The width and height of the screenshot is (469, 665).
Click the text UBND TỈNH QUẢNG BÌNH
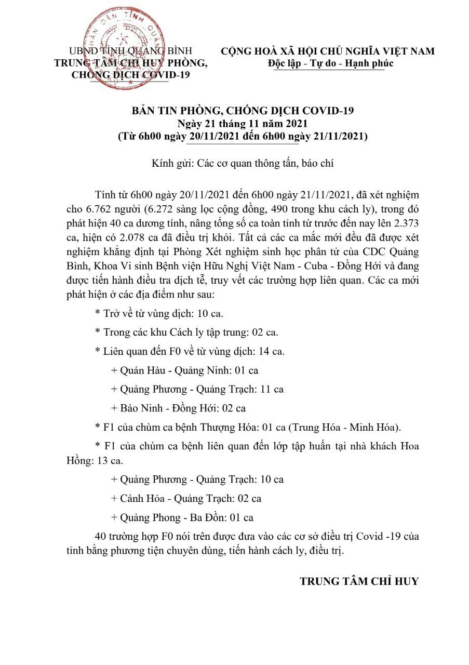131,51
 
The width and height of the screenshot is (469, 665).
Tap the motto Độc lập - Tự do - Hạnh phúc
331,63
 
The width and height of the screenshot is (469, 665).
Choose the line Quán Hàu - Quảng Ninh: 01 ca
184,370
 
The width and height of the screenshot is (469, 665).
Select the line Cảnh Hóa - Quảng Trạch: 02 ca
186,498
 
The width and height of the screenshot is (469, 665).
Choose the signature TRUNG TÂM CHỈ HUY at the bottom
359,581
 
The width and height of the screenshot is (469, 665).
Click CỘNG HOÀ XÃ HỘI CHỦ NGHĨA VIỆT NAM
328,51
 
